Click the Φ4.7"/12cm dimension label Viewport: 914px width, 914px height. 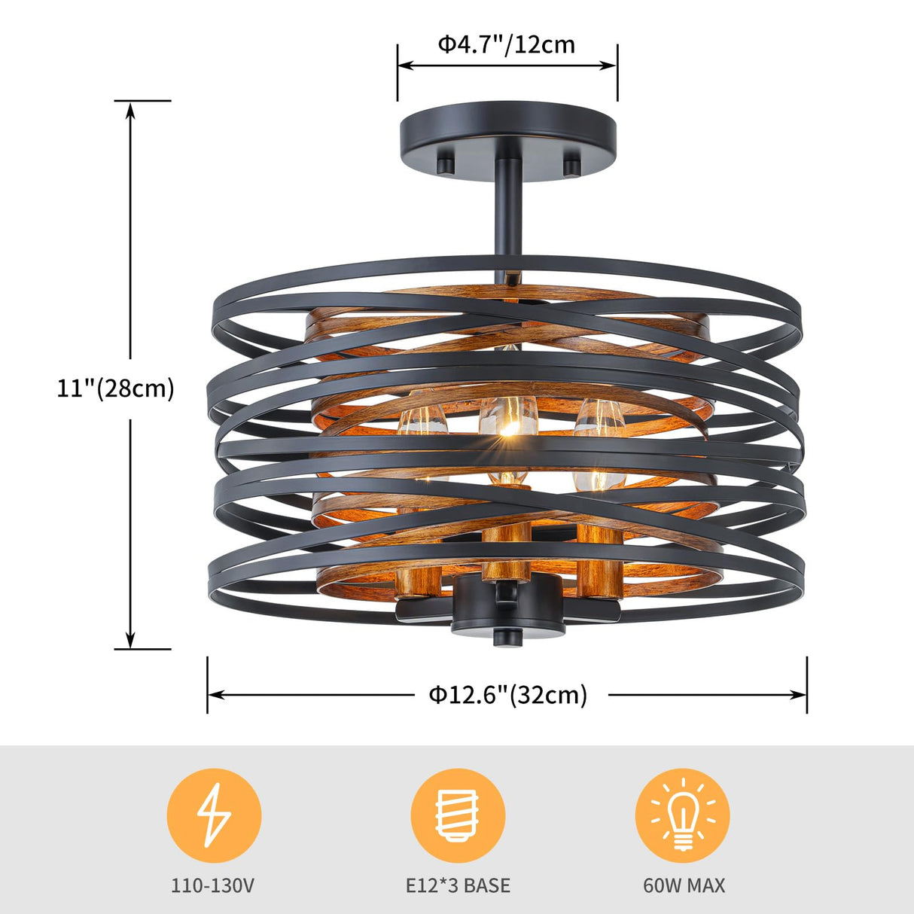click(x=507, y=45)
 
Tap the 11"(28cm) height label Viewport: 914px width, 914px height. click(x=116, y=388)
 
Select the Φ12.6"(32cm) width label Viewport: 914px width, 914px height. click(x=508, y=694)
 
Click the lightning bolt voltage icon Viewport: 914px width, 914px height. click(x=214, y=815)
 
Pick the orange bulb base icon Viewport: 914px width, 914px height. click(x=458, y=815)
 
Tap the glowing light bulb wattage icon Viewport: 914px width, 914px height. click(x=682, y=815)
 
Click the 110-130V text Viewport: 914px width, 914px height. click(x=213, y=885)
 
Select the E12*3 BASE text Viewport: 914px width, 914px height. click(x=458, y=885)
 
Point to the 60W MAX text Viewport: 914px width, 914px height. click(x=684, y=885)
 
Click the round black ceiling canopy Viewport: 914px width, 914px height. click(x=507, y=133)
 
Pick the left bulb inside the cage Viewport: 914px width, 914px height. click(x=423, y=425)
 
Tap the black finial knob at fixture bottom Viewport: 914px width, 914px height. click(x=507, y=638)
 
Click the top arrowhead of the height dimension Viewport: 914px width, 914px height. click(x=130, y=110)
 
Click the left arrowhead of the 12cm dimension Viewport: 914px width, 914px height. click(x=405, y=66)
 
